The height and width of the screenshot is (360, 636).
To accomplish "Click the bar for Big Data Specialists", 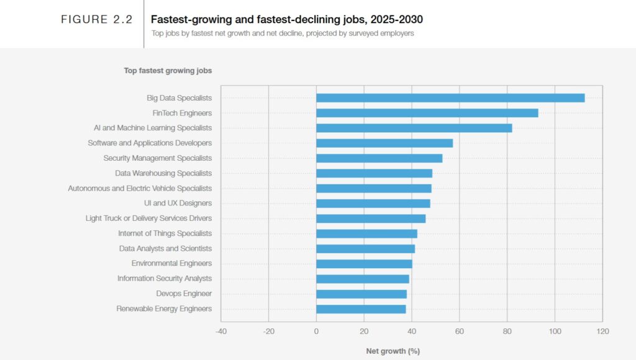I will [x=450, y=98].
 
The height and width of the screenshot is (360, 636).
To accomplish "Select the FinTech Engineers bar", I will [x=427, y=113].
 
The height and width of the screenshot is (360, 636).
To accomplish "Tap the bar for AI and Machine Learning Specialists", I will [x=414, y=128].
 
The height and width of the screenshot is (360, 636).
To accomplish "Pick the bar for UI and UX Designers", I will [x=373, y=204].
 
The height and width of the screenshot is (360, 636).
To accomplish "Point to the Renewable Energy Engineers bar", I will [x=361, y=309].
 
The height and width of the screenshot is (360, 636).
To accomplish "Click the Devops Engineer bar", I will [x=361, y=294].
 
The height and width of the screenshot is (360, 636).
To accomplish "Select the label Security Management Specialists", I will [x=157, y=158].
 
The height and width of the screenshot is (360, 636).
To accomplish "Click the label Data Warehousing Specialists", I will [x=163, y=173].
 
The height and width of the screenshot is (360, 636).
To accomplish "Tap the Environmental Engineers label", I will [x=171, y=264].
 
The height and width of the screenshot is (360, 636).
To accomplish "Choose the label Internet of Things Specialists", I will [x=165, y=233].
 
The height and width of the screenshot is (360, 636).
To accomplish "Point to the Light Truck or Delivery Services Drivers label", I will [x=148, y=218].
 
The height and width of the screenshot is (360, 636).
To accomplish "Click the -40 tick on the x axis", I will [x=221, y=331].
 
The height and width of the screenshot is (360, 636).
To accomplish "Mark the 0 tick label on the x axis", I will [x=316, y=331].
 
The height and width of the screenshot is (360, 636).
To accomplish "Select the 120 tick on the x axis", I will [x=602, y=331].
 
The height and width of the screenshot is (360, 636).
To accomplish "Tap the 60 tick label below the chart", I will [x=459, y=331].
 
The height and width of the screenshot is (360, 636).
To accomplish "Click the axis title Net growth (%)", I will [x=393, y=351].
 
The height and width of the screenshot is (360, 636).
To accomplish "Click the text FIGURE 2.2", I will [x=96, y=20].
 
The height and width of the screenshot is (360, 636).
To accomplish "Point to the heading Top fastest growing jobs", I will [x=168, y=71].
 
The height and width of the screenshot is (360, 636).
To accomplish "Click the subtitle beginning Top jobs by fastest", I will [x=282, y=34].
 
